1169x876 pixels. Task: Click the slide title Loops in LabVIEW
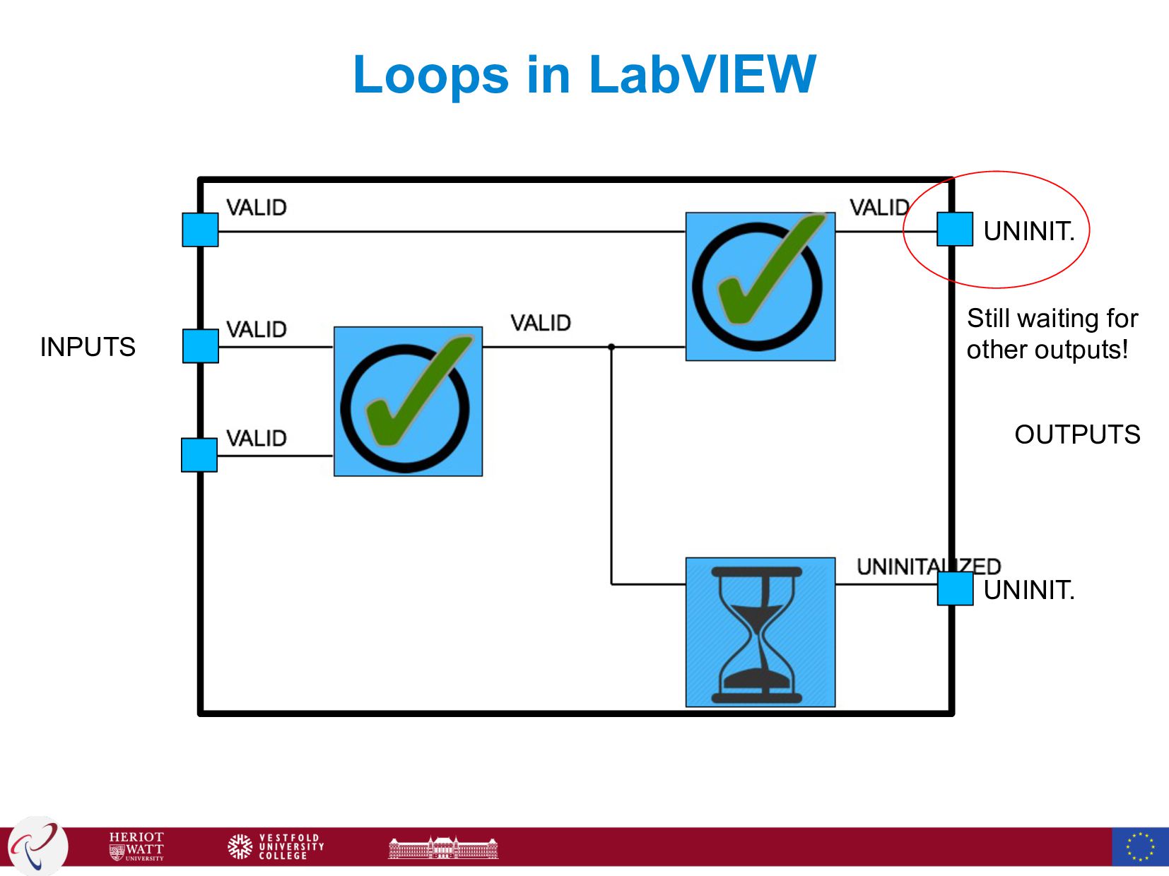pyautogui.click(x=584, y=74)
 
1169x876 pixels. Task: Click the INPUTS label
pyautogui.click(x=88, y=347)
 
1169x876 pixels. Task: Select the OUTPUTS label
pyautogui.click(x=1077, y=434)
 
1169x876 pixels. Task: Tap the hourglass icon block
pyautogui.click(x=760, y=632)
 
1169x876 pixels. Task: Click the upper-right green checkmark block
pyautogui.click(x=760, y=286)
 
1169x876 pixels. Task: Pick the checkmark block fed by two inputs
pyautogui.click(x=408, y=401)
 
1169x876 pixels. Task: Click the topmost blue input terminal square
pyautogui.click(x=200, y=230)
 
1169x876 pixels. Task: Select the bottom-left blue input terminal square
pyautogui.click(x=199, y=455)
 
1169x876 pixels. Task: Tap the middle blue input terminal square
pyautogui.click(x=200, y=346)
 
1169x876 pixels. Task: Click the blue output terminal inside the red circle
pyautogui.click(x=955, y=230)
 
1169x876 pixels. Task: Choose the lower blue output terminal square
pyautogui.click(x=956, y=588)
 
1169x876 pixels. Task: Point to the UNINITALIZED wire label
pyautogui.click(x=928, y=567)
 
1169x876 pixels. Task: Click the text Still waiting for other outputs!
pyautogui.click(x=1052, y=333)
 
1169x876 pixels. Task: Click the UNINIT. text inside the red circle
pyautogui.click(x=1029, y=231)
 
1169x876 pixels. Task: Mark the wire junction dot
pyautogui.click(x=611, y=347)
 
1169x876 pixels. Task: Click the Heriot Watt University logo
pyautogui.click(x=136, y=846)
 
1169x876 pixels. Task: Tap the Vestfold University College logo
pyautogui.click(x=276, y=846)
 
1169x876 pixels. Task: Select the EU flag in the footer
pyautogui.click(x=1139, y=846)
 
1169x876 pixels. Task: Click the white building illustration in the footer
pyautogui.click(x=443, y=847)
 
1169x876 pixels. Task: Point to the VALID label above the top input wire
pyautogui.click(x=256, y=208)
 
